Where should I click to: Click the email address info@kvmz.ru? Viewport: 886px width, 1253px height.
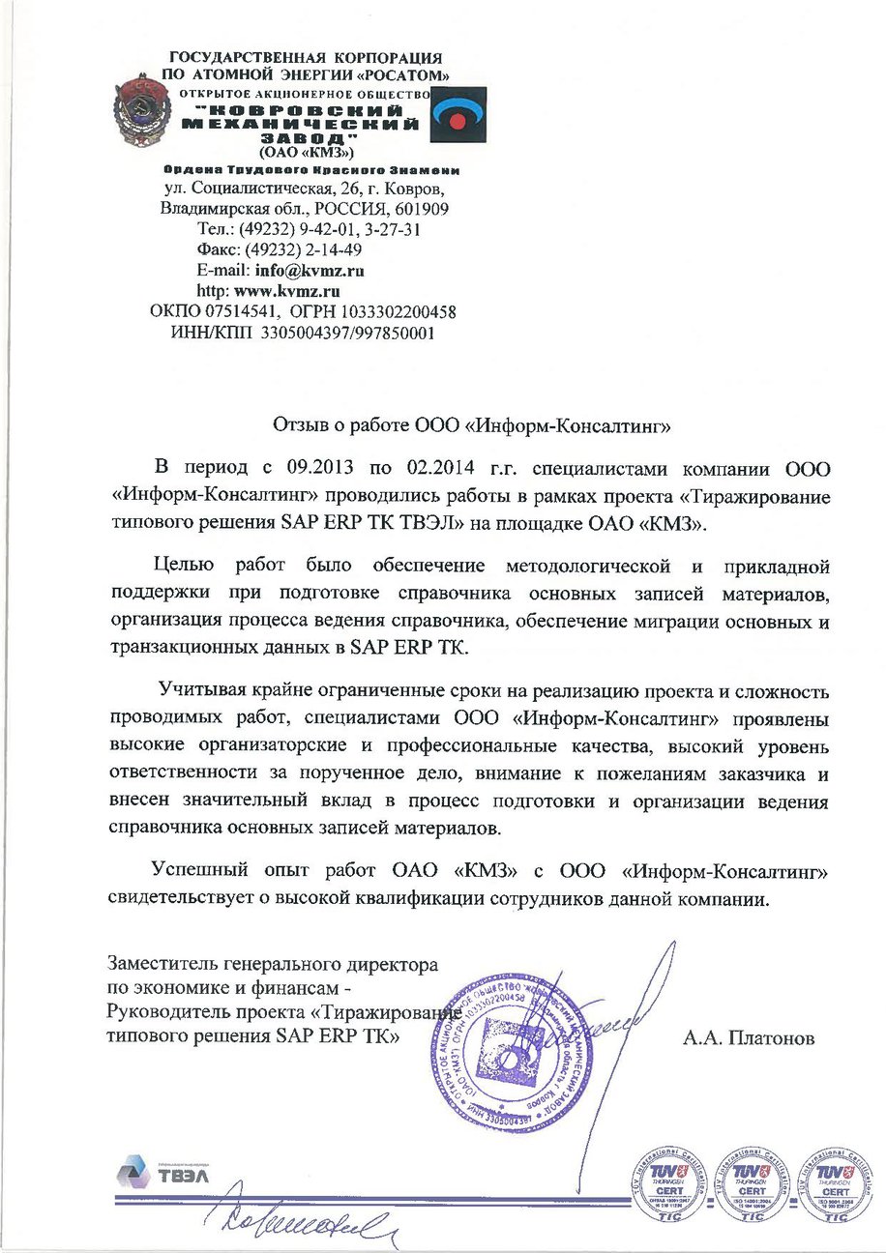[309, 271]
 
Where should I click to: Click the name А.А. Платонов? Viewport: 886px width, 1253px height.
[749, 1040]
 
